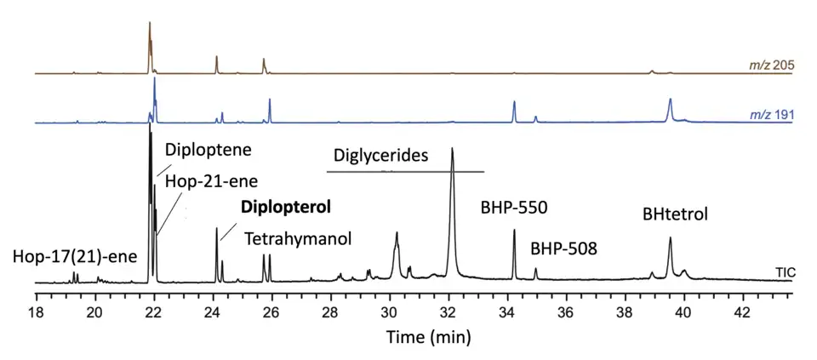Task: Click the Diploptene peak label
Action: click(209, 150)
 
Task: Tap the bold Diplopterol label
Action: click(285, 207)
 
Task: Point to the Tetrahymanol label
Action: click(299, 239)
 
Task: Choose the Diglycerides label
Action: click(380, 156)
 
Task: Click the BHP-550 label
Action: click(514, 207)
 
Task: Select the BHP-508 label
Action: click(563, 249)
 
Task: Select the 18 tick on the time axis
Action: click(37, 311)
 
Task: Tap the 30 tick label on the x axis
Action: click(390, 311)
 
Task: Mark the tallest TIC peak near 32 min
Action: click(452, 150)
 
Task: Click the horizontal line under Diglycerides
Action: click(405, 172)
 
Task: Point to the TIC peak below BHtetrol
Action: click(670, 239)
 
